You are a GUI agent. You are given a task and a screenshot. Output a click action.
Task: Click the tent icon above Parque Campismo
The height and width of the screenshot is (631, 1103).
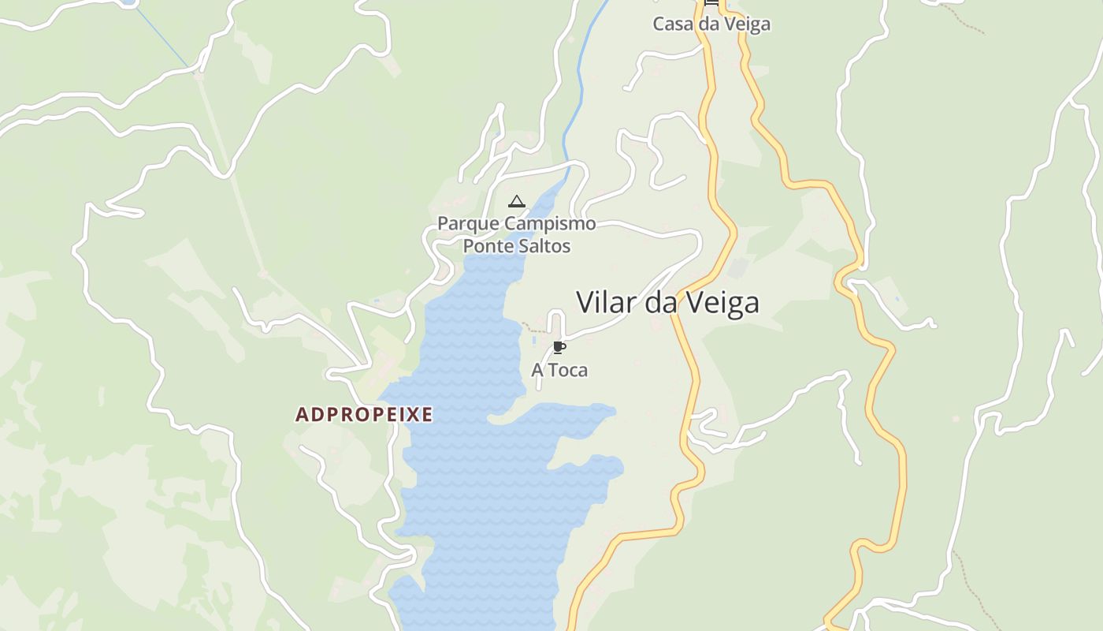[516, 202]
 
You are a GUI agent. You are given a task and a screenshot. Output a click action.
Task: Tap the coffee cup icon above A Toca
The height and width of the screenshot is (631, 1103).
[559, 347]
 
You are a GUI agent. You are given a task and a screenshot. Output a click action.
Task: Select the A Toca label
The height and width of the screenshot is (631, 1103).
[559, 370]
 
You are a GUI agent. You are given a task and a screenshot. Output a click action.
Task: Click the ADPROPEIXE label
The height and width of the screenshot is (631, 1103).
[364, 415]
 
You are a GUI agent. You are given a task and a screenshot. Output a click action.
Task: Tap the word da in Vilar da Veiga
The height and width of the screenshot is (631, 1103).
[662, 302]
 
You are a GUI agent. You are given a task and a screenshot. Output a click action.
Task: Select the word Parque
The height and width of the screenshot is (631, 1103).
[468, 223]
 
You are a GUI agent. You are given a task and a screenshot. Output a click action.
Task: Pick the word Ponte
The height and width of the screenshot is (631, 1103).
[486, 245]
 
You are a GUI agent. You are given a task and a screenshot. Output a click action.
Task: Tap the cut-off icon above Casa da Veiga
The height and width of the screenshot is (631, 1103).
[711, 3]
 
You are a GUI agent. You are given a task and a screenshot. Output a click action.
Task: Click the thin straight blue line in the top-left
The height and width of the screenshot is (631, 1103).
[162, 35]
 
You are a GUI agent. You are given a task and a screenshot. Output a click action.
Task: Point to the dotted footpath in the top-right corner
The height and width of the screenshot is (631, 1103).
[965, 20]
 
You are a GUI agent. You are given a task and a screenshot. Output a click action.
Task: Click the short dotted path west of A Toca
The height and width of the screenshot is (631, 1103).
[533, 327]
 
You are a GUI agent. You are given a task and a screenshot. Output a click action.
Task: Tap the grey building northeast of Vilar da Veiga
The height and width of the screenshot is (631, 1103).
[737, 268]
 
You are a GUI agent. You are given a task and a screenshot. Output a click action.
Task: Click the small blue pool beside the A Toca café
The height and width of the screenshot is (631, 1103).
[535, 341]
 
